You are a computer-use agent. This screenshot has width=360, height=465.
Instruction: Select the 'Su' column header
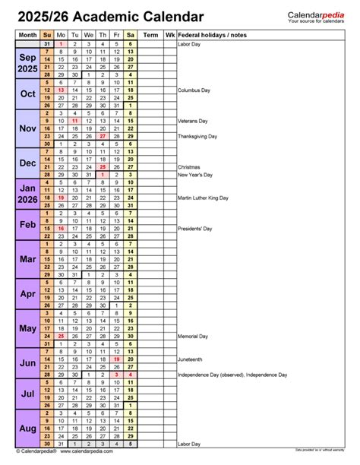47,35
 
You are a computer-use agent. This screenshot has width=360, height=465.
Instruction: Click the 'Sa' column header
131,35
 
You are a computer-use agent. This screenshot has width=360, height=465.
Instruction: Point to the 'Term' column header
151,35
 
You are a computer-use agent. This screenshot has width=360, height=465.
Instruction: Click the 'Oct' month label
27,94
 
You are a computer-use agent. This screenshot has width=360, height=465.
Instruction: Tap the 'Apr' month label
27,293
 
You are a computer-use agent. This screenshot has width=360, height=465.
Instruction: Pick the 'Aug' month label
27,429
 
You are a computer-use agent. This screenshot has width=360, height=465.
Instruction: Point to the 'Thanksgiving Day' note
197,136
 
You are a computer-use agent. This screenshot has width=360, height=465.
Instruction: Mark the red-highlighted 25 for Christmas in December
103,166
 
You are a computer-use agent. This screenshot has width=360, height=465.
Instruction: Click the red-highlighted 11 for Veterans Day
74,120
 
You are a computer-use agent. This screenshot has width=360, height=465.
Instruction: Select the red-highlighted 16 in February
61,228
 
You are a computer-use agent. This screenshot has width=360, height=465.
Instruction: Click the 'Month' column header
27,35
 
